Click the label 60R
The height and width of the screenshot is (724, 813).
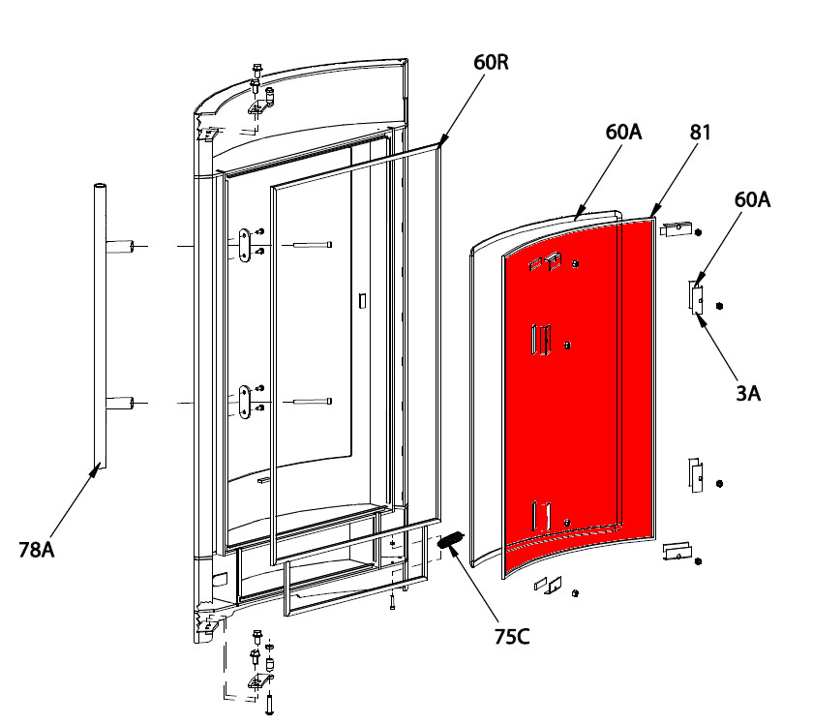491,62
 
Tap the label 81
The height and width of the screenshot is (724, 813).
700,133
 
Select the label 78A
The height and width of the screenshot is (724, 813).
37,550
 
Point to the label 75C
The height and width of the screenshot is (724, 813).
512,637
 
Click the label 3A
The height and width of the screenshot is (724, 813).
748,394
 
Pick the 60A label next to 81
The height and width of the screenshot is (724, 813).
623,133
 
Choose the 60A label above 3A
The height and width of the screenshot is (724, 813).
752,199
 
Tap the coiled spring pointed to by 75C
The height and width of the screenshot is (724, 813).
451,540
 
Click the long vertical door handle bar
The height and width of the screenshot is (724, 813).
100,325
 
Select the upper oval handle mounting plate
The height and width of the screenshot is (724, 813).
244,244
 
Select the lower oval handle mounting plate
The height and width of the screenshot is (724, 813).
244,402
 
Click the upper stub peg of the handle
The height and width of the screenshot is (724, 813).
120,247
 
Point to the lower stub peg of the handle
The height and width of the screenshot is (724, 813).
120,403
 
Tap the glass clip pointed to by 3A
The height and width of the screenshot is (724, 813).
696,298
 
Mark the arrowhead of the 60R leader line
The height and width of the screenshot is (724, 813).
442,141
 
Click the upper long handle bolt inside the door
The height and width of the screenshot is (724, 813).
313,245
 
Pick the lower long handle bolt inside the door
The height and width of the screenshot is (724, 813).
313,401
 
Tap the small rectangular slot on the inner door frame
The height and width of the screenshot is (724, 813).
362,301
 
